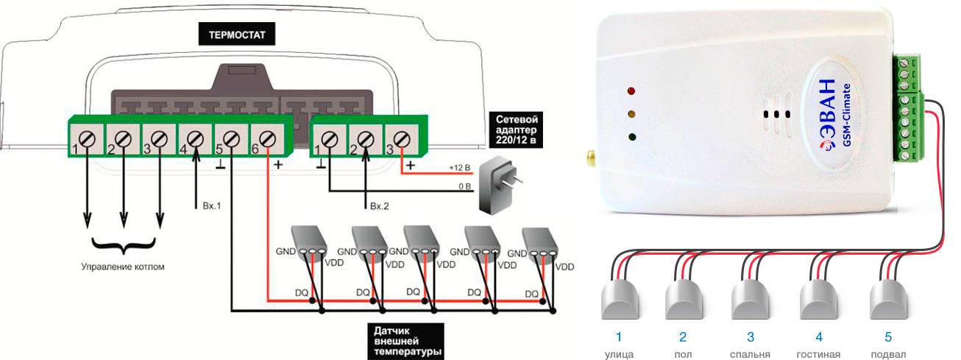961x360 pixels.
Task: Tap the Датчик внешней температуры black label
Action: [403, 340]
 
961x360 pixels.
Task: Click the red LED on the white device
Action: [631, 92]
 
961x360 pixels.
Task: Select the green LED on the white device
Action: [632, 137]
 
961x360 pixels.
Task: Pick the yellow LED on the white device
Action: [631, 114]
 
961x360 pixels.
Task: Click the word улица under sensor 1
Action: [619, 354]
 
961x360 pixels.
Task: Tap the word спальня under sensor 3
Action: [750, 354]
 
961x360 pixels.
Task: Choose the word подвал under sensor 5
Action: [887, 354]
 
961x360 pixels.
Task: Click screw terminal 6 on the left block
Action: [266, 138]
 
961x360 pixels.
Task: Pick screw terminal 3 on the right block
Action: [400, 138]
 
